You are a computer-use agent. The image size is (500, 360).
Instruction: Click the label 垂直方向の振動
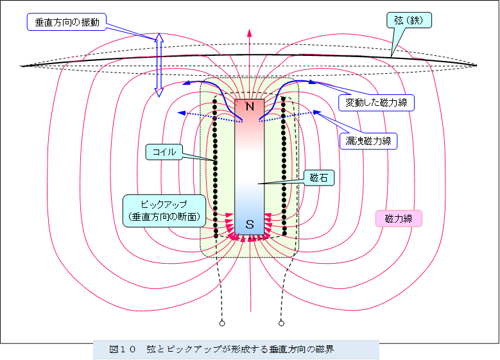point(66,22)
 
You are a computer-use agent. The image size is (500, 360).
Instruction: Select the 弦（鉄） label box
point(408,21)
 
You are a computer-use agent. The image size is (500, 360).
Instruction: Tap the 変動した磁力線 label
point(377,101)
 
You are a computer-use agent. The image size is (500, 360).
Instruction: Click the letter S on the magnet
point(250,225)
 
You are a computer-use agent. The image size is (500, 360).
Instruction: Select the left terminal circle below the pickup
point(222,323)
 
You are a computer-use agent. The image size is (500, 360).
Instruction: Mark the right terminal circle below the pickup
point(281,323)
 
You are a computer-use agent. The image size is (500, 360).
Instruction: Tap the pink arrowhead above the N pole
point(250,32)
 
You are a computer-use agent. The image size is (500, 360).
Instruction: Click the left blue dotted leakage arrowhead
point(182,113)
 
